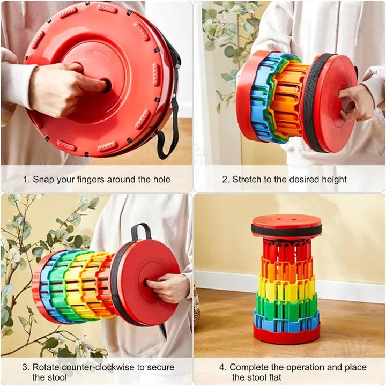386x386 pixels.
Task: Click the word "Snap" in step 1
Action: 43,180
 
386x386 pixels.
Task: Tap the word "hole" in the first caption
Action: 161,179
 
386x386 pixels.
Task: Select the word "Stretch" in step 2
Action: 247,179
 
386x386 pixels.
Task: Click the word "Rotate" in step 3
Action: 46,367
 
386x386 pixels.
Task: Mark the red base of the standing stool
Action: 287,335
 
